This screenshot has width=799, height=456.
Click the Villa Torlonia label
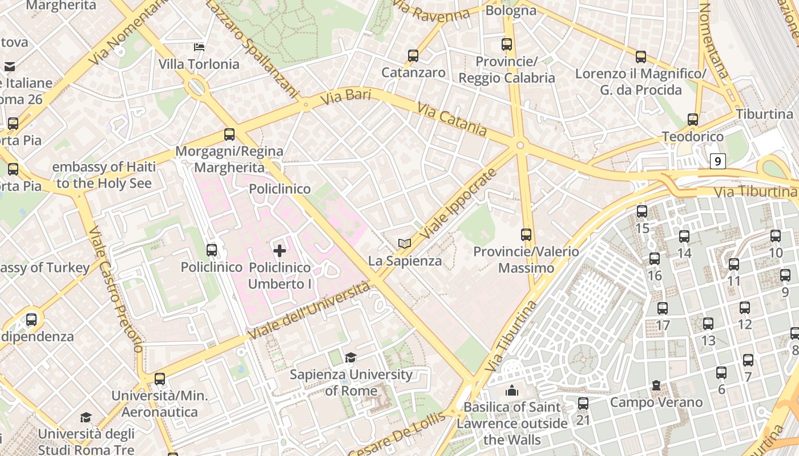(x=199, y=64)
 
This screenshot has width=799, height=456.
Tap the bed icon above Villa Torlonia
(x=199, y=47)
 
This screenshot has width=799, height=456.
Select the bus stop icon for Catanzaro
(x=413, y=56)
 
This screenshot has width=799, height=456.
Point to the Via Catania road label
(x=452, y=119)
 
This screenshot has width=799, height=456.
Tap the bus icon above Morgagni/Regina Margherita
(x=229, y=135)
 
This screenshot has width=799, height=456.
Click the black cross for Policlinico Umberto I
(x=280, y=250)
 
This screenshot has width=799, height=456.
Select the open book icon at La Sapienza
(x=405, y=244)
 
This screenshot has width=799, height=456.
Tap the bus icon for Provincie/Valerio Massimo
(x=526, y=234)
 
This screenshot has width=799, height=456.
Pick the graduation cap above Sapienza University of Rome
(x=350, y=357)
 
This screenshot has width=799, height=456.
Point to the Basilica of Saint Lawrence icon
(x=512, y=390)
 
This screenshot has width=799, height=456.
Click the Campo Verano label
(x=656, y=402)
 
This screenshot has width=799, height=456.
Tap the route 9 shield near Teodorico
(x=718, y=161)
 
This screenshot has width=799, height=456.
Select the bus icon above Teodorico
(x=693, y=120)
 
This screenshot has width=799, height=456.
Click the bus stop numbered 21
(x=583, y=404)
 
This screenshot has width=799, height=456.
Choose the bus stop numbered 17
(x=663, y=308)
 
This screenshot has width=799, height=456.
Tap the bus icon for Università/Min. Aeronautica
(x=160, y=378)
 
